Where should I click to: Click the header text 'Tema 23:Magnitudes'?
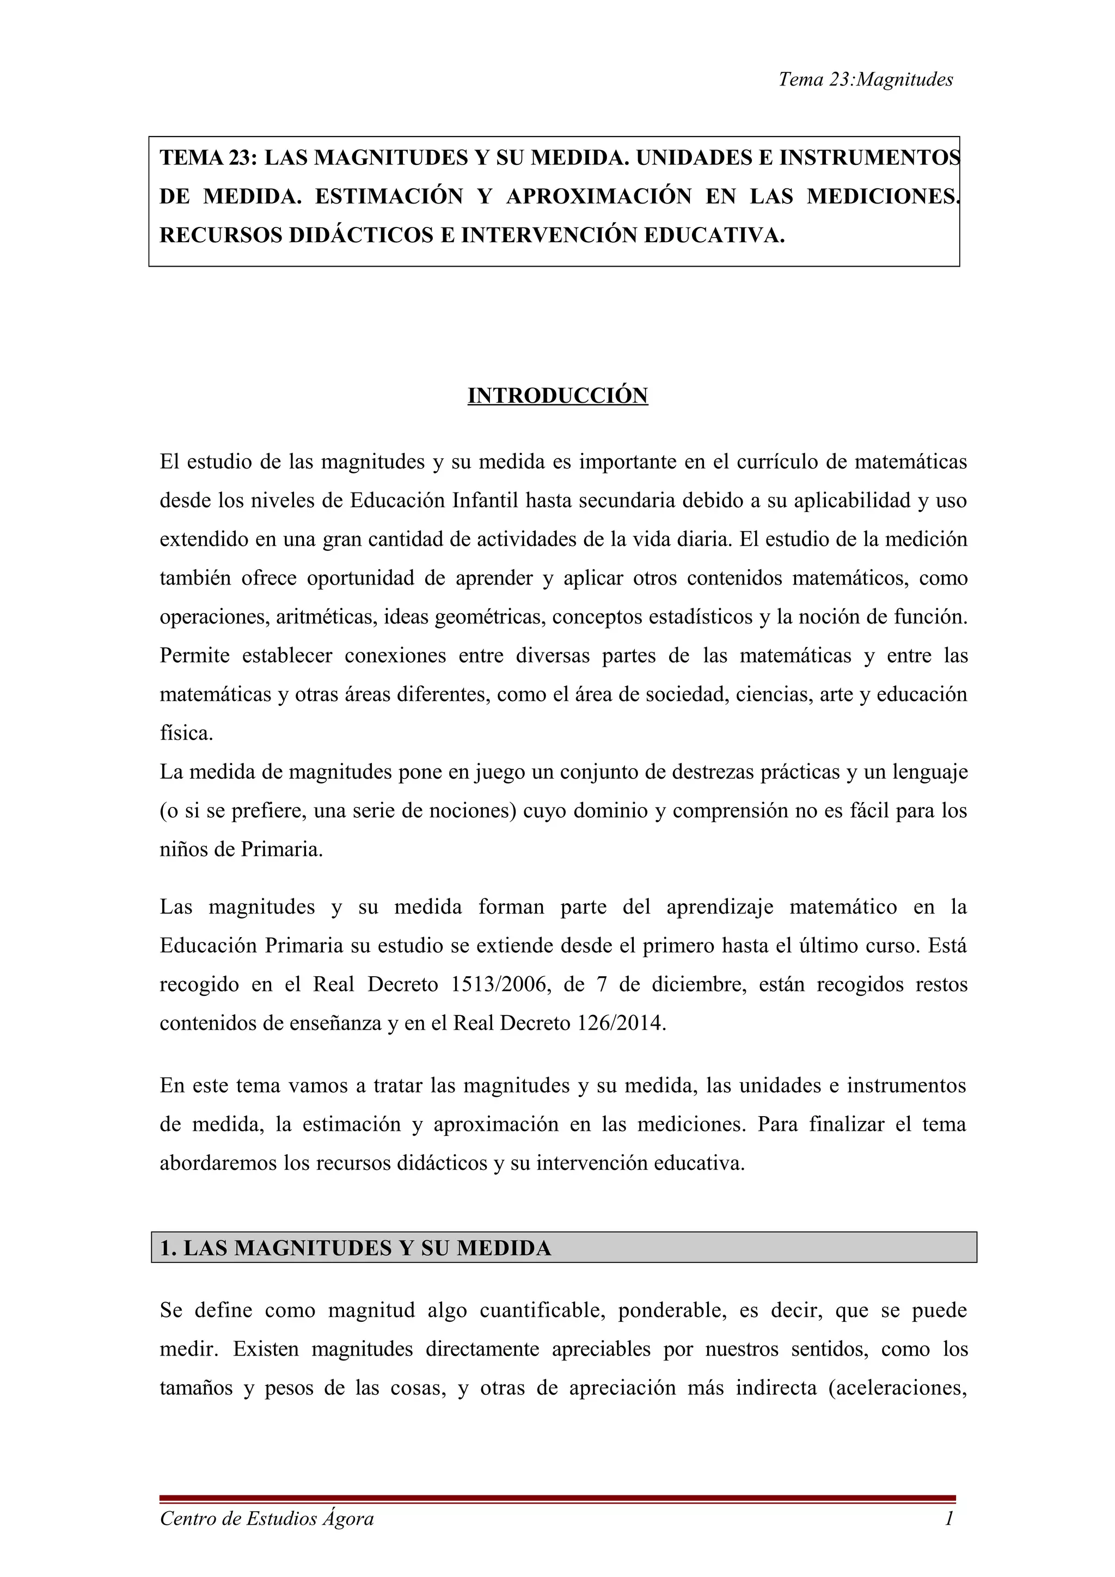point(865,79)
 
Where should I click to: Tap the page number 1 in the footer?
point(949,1518)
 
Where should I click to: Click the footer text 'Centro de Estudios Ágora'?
point(267,1518)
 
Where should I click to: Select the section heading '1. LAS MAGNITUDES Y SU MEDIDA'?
point(355,1248)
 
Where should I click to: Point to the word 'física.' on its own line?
point(186,734)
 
